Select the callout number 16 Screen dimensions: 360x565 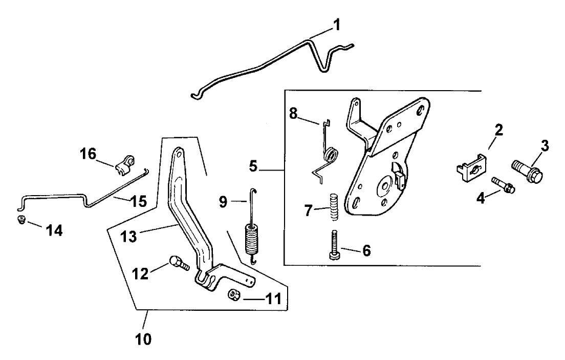point(88,154)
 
